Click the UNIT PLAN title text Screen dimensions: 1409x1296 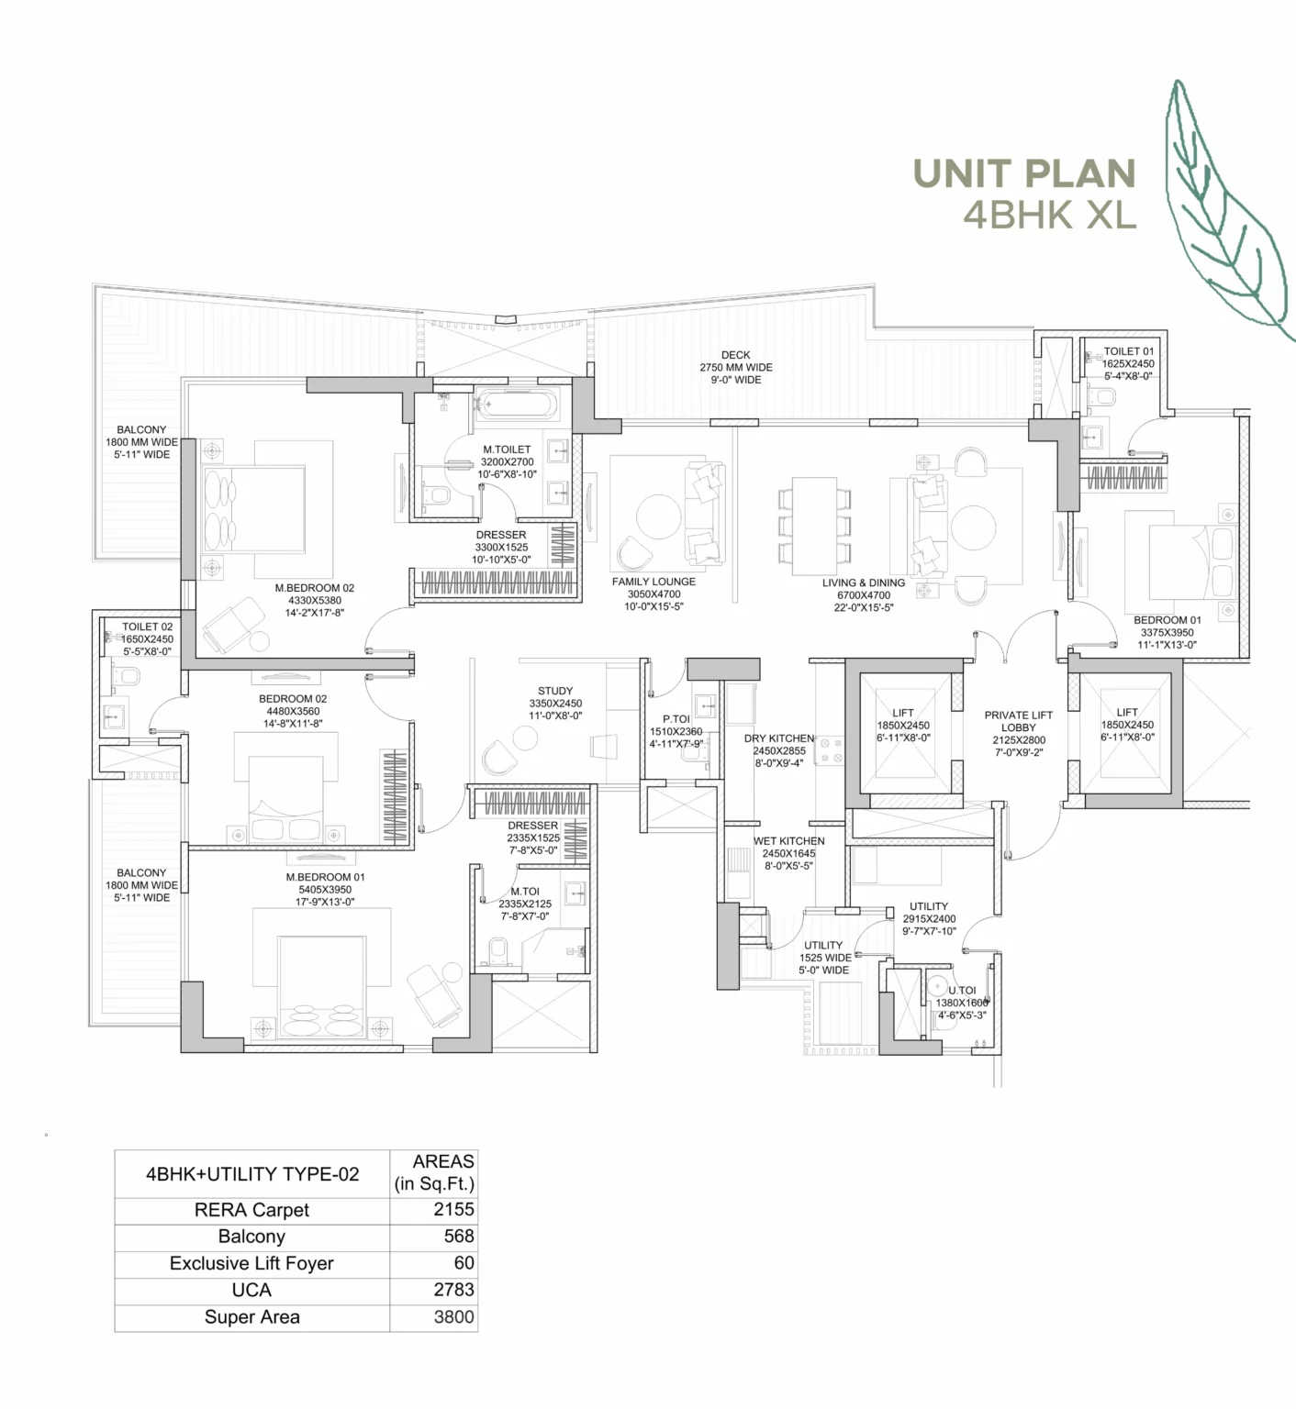1023,173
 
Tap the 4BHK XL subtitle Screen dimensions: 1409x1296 1049,215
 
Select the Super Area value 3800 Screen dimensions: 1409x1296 453,1317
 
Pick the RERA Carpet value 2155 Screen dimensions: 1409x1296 453,1209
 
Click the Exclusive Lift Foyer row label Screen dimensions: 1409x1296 251,1263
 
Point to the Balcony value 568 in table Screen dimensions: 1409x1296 458,1236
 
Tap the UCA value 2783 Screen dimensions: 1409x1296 453,1290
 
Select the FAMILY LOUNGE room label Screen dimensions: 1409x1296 654,582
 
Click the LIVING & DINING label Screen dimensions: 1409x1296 863,582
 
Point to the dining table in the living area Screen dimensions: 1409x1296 814,526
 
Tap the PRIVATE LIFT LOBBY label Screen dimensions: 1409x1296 1018,721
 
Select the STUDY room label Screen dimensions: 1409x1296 555,691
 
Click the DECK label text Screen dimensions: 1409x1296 735,355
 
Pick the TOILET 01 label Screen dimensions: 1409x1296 1128,351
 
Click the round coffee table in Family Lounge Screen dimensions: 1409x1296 659,517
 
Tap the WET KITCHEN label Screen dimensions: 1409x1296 788,841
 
